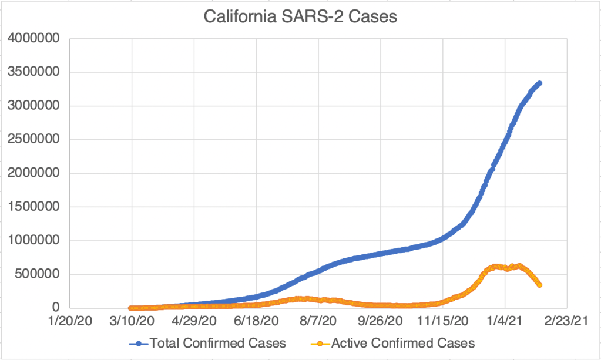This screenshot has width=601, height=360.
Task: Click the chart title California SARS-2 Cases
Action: (x=300, y=16)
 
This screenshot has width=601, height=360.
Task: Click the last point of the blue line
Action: (x=539, y=83)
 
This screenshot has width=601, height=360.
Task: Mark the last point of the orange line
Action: (x=539, y=285)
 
